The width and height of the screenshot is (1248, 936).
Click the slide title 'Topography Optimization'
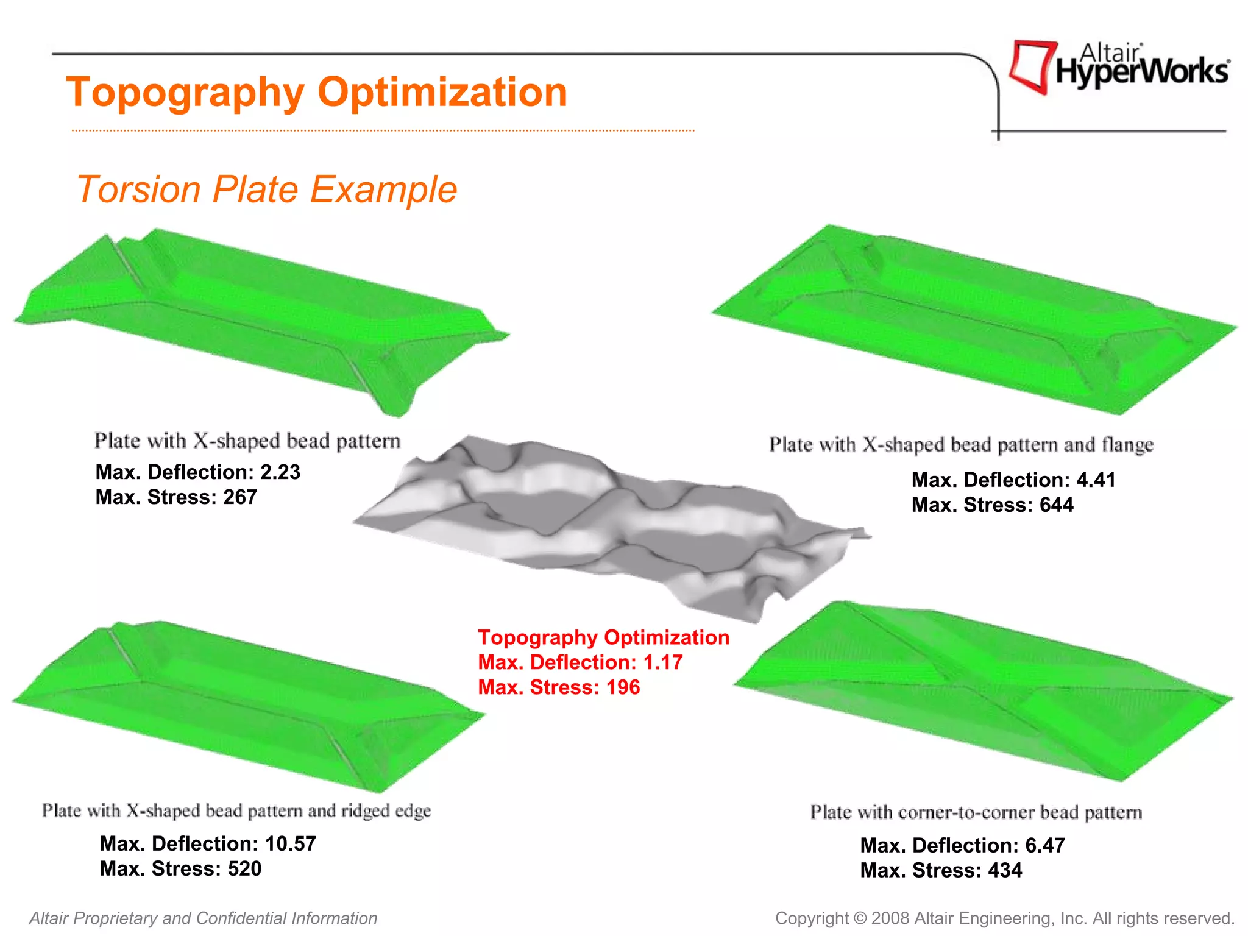[x=317, y=93]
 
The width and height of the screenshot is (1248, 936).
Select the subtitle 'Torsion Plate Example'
[x=267, y=189]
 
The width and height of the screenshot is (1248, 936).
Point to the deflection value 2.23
[x=280, y=472]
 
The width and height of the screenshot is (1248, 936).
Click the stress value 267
[x=240, y=497]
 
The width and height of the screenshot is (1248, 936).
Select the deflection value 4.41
[x=1096, y=480]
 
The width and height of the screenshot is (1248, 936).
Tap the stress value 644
[x=1056, y=505]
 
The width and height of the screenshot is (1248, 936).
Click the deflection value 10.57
[x=291, y=844]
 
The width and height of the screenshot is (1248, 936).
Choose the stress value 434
[x=1005, y=871]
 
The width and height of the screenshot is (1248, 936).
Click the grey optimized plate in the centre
[x=609, y=524]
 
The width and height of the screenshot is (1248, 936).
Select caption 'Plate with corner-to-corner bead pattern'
[x=976, y=812]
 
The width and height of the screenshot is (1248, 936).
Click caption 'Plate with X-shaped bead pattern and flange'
[x=961, y=444]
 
